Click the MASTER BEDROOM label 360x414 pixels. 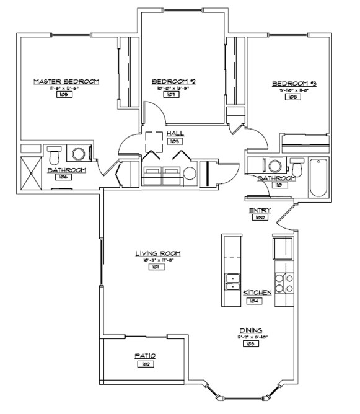tap(66, 81)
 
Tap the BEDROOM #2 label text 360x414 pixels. tap(173, 81)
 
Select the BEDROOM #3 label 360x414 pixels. tap(294, 83)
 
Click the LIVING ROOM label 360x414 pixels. tap(158, 253)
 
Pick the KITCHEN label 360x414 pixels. tap(257, 293)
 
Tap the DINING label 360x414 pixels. tap(251, 330)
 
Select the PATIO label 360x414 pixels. tap(145, 356)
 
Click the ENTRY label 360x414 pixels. tap(260, 211)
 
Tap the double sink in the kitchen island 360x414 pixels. tap(232, 282)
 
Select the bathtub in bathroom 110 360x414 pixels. tap(318, 177)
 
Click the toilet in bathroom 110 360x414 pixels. tap(297, 168)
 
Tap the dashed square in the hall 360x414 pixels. tap(154, 142)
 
